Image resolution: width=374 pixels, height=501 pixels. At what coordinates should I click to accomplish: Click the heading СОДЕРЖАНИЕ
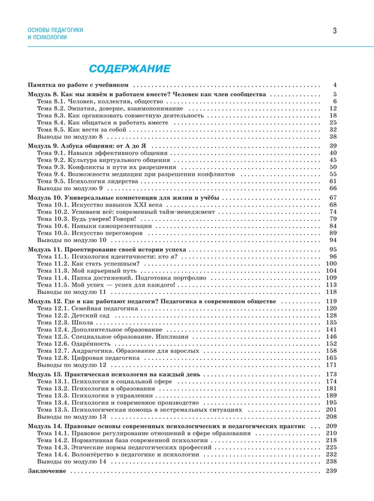point(129,69)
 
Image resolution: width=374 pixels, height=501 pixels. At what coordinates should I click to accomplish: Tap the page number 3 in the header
point(334,31)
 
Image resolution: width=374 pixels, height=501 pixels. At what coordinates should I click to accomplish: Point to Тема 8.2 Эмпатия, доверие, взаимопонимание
point(109,108)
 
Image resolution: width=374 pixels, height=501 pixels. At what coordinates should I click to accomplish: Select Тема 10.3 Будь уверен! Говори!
point(87,219)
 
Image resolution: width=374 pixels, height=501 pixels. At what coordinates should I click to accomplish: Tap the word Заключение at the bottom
point(47,471)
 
